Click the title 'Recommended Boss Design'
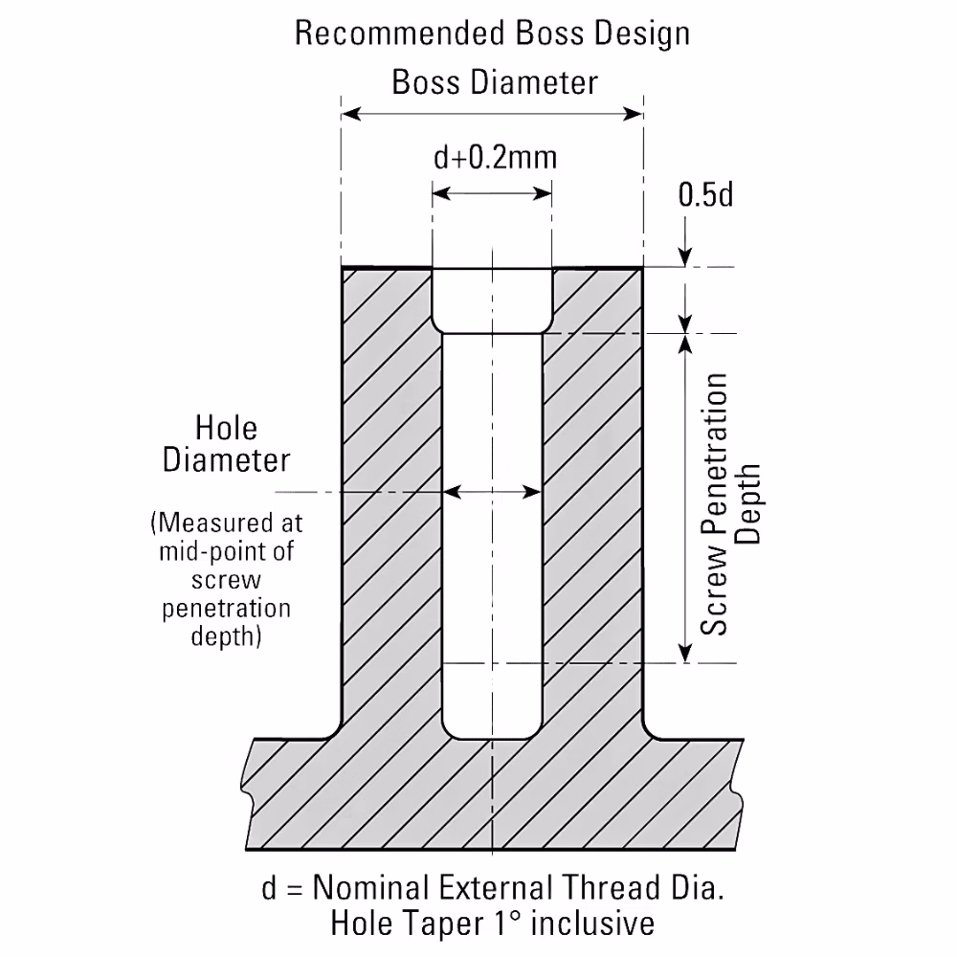(x=492, y=34)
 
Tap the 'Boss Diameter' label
(x=495, y=82)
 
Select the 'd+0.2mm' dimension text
(x=495, y=158)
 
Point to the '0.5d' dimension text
(x=705, y=194)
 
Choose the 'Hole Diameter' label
(x=226, y=444)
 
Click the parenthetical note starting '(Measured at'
(x=226, y=579)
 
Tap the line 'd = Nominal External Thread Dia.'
(x=493, y=887)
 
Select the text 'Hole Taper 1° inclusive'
(x=493, y=924)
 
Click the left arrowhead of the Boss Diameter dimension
(x=351, y=114)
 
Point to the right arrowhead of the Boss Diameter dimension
(x=633, y=114)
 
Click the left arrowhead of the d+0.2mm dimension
(x=441, y=194)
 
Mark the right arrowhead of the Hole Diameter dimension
(x=532, y=492)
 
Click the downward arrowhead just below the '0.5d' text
(x=685, y=256)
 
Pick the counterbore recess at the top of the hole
(x=492, y=300)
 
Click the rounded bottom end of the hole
(x=492, y=726)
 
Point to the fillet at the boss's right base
(x=651, y=730)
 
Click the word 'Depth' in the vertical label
(x=747, y=504)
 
